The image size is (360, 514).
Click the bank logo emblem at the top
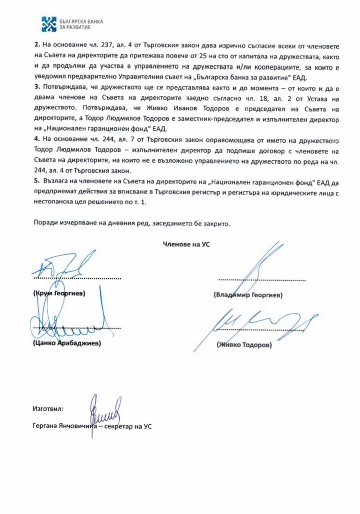pyautogui.click(x=49, y=24)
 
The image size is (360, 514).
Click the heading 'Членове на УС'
pyautogui.click(x=186, y=244)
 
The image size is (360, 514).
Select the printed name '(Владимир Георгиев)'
pyautogui.click(x=248, y=296)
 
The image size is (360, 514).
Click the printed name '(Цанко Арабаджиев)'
pyautogui.click(x=66, y=343)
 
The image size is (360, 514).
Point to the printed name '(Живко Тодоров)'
pyautogui.click(x=244, y=345)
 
